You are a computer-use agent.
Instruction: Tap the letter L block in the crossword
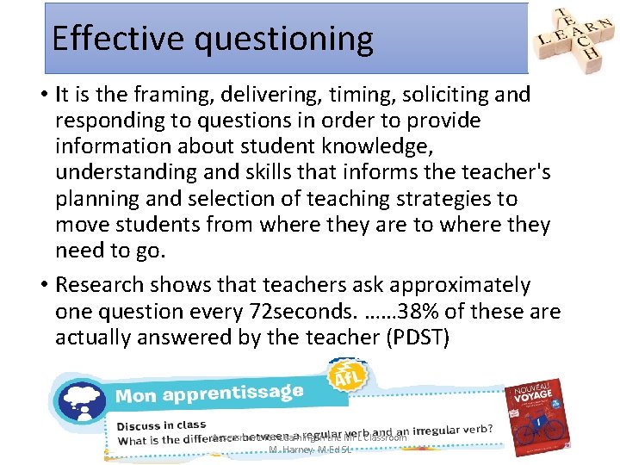point(544,40)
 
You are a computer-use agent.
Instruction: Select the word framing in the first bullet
point(169,95)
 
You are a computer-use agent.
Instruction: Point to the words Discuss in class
point(161,424)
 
